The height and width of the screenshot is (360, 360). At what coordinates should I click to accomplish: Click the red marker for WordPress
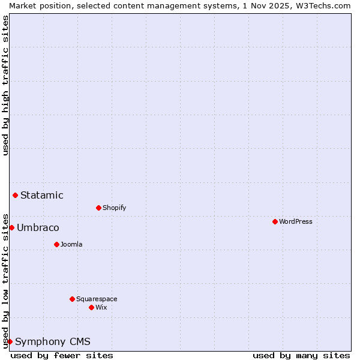coord(275,221)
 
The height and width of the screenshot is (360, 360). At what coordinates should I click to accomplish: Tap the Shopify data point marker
coord(98,208)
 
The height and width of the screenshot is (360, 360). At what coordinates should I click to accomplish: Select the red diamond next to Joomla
coord(56,244)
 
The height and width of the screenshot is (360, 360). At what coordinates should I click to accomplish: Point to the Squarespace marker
coord(72,299)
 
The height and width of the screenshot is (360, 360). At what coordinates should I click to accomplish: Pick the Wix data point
coord(91,307)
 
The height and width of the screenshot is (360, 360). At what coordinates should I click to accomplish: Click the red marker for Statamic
coord(15,195)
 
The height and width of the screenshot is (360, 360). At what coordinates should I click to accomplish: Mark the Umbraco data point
coord(11,227)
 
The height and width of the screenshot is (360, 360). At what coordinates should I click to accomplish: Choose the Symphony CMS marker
coord(10,341)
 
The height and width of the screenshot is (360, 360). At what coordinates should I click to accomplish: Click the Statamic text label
coord(42,195)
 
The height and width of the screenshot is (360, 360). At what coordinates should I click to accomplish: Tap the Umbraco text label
coord(38,227)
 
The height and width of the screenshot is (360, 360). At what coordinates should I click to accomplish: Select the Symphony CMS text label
coord(53,341)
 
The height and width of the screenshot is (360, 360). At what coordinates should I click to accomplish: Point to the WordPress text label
coord(296,221)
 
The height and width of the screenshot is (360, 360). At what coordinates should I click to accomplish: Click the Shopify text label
coord(115,208)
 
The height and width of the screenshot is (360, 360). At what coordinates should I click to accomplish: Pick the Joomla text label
coord(71,244)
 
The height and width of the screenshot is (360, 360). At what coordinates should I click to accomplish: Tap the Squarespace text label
coord(97,299)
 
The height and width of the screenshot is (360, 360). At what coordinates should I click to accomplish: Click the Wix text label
coord(101,307)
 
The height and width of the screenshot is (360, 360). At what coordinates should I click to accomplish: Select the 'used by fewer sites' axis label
coord(62,355)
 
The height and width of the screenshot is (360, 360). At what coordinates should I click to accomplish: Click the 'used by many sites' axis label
coord(301,355)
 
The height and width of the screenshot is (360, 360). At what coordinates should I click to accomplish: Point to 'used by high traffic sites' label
coord(5,85)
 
